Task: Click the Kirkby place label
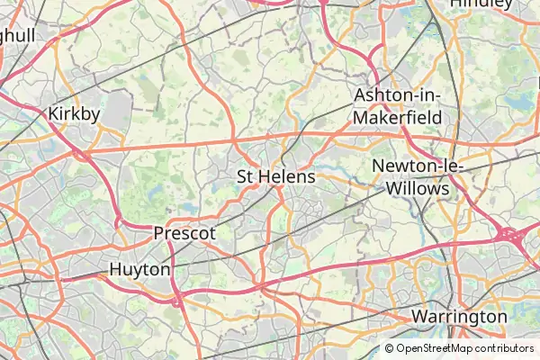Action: click(74, 113)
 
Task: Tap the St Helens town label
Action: click(275, 176)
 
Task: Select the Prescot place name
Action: click(184, 233)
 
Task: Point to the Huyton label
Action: click(139, 269)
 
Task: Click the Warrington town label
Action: click(459, 317)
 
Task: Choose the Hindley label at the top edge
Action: click(481, 4)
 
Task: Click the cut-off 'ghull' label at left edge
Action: click(17, 35)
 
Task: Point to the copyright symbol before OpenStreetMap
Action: click(390, 348)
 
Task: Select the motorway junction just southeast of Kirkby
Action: click(85, 156)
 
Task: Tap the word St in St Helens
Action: click(246, 176)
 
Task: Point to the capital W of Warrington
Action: click(419, 317)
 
